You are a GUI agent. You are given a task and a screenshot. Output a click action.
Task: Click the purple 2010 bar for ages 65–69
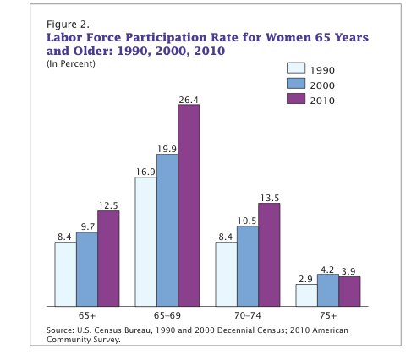click(x=189, y=205)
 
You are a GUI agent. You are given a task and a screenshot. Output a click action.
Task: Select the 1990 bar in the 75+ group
click(x=306, y=295)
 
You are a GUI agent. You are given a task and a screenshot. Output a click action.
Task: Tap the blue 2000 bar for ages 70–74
click(x=248, y=266)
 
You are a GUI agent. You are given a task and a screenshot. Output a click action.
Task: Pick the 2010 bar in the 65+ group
click(x=108, y=259)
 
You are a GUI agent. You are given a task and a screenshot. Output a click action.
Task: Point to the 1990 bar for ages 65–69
click(x=145, y=242)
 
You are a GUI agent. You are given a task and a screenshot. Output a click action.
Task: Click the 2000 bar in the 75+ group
click(x=328, y=290)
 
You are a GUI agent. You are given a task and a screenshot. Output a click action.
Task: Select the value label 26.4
click(x=189, y=100)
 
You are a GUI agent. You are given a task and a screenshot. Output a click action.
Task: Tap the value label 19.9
click(x=167, y=149)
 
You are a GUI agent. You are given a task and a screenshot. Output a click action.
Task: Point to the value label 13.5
click(x=270, y=198)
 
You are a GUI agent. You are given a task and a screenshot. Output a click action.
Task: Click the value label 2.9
click(x=305, y=279)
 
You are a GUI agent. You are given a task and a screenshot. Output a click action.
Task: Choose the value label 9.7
click(x=88, y=226)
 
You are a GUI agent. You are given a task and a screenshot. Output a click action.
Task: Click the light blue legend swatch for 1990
click(x=296, y=68)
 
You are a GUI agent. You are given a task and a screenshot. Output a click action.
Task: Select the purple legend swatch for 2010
click(x=296, y=99)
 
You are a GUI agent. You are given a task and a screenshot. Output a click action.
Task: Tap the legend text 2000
click(x=322, y=85)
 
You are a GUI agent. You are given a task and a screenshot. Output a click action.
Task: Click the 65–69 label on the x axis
click(x=167, y=315)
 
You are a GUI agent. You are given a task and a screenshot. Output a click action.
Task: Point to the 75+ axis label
click(x=328, y=315)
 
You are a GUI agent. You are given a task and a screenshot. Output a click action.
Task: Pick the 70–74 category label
click(x=248, y=315)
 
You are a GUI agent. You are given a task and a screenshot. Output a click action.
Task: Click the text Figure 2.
click(x=68, y=25)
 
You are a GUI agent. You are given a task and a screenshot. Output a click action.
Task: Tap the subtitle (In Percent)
click(x=71, y=63)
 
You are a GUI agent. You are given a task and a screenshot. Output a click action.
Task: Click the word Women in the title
click(x=288, y=37)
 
